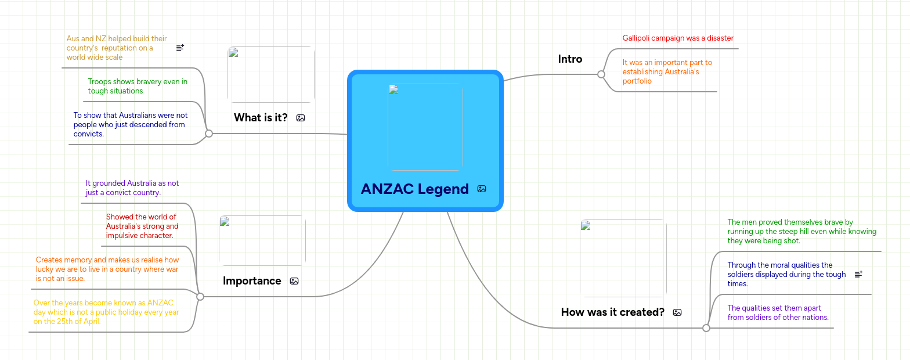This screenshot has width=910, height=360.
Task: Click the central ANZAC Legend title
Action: tap(414, 189)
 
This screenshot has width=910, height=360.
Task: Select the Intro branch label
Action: tap(570, 59)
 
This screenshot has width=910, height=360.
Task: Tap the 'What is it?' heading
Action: tap(261, 118)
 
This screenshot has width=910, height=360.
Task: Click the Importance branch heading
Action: tap(252, 281)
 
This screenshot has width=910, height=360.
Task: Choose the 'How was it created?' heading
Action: tap(612, 312)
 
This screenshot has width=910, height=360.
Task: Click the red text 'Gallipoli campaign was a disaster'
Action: tap(678, 38)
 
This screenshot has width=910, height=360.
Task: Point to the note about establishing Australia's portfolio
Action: tap(667, 71)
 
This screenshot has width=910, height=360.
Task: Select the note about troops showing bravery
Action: tap(138, 87)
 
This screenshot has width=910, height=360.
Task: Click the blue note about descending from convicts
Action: tap(130, 124)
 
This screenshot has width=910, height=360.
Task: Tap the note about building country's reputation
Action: tap(117, 48)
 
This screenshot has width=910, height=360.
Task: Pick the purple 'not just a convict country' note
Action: tap(132, 188)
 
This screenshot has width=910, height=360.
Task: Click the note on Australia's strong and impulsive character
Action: tap(142, 226)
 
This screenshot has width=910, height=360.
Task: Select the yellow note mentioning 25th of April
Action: tap(106, 312)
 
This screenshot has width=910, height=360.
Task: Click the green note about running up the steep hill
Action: tap(801, 231)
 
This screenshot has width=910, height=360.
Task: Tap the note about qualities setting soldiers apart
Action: tap(778, 312)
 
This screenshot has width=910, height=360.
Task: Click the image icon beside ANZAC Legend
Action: tap(482, 189)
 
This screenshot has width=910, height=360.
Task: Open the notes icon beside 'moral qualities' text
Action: tap(859, 274)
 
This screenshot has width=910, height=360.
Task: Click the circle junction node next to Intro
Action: tap(601, 74)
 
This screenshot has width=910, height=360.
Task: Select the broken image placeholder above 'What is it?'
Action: tap(271, 75)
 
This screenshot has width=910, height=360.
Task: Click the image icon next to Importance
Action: tap(294, 281)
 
